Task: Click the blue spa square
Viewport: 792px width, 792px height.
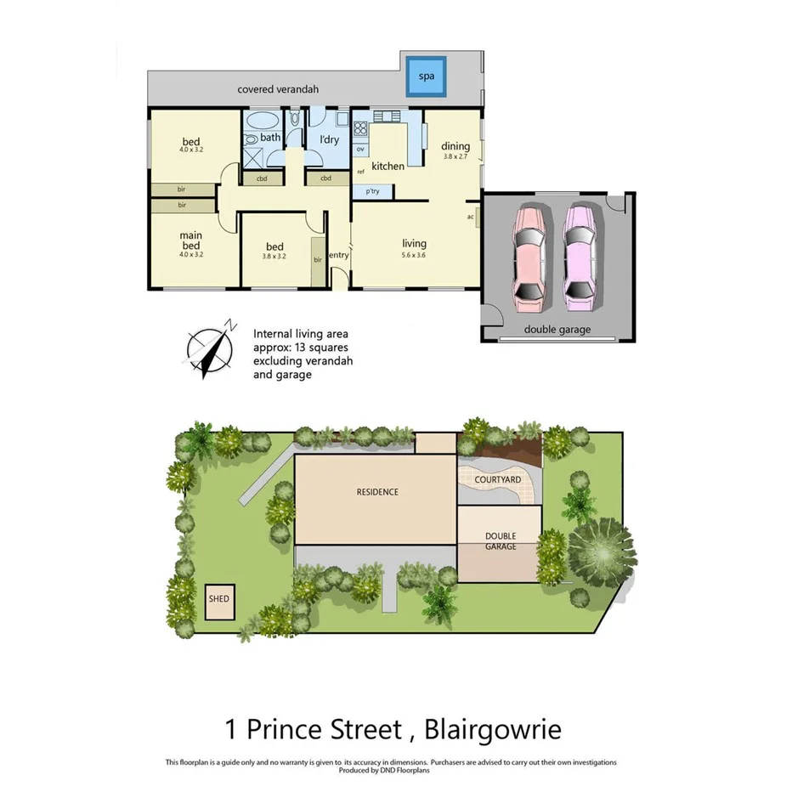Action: [426, 76]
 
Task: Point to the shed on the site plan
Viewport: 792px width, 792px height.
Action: [218, 598]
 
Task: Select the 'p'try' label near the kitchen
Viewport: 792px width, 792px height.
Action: [372, 192]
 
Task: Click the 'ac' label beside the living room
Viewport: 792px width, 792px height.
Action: [470, 216]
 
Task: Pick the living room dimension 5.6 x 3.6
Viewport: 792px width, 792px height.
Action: [414, 254]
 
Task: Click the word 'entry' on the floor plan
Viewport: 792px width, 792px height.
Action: [338, 255]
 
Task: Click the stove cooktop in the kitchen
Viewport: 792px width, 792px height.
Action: [359, 130]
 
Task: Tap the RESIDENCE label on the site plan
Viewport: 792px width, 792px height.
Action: [377, 492]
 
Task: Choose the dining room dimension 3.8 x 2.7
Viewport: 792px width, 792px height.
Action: [455, 156]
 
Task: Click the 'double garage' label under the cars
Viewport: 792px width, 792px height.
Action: [557, 330]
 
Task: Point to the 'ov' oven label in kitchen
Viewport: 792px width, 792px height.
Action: [360, 150]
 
